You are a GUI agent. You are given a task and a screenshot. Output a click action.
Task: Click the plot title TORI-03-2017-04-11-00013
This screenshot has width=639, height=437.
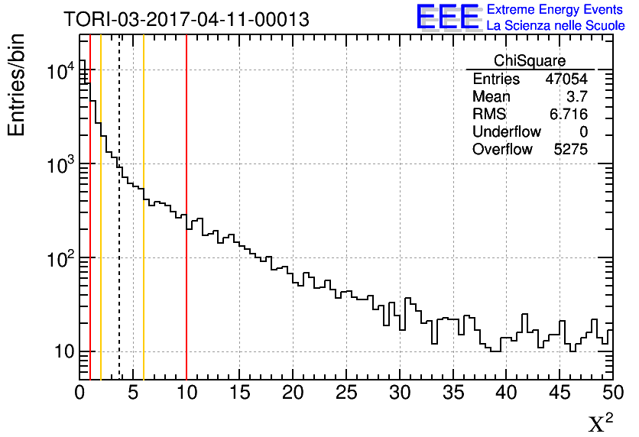(x=187, y=20)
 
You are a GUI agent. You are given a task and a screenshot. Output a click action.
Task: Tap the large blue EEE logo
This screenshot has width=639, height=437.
(x=448, y=18)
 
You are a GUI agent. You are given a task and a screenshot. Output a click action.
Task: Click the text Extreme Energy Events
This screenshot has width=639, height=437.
(x=556, y=10)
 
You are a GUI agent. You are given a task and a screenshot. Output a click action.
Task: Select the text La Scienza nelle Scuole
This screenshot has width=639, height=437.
(x=556, y=26)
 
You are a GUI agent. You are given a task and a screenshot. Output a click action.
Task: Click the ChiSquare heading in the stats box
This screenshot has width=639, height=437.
(x=529, y=61)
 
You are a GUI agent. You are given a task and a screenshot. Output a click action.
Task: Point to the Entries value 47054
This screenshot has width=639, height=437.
(x=566, y=79)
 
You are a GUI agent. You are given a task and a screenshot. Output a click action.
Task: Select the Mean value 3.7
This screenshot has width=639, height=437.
(x=576, y=97)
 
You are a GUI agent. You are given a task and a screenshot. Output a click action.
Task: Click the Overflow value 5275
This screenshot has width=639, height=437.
(x=570, y=150)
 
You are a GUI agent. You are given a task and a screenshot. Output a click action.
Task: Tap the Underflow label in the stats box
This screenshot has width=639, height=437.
(x=506, y=132)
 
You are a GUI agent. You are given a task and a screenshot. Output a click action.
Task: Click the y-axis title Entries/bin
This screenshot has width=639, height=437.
(x=17, y=85)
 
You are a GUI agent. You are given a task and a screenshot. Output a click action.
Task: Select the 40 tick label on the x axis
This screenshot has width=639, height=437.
(x=506, y=393)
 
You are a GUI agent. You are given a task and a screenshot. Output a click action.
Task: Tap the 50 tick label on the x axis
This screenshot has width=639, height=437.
(x=612, y=393)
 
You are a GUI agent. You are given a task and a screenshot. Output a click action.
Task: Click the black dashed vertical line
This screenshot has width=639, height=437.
(x=119, y=229)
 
